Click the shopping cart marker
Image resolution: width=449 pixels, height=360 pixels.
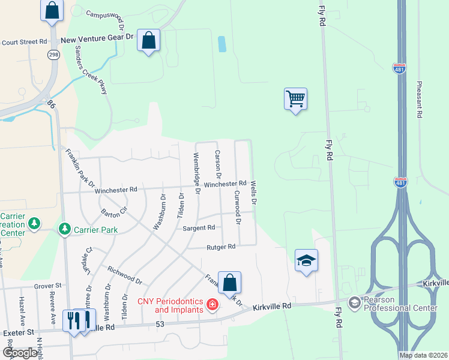(x=295, y=98)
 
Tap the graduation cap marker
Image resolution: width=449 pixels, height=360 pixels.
(x=306, y=260)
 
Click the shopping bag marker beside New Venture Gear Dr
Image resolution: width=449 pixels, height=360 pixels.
(x=149, y=41)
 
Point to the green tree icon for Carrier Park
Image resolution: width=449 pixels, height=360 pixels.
(x=64, y=229)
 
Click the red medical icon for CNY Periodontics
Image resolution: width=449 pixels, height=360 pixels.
(x=211, y=305)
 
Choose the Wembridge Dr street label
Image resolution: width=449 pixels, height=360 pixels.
(x=196, y=173)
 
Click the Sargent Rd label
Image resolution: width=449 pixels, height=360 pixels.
(x=199, y=228)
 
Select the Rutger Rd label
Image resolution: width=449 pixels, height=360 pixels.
(x=220, y=246)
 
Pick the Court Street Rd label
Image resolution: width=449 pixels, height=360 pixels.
(x=24, y=42)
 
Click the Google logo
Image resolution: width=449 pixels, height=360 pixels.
(x=19, y=353)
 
